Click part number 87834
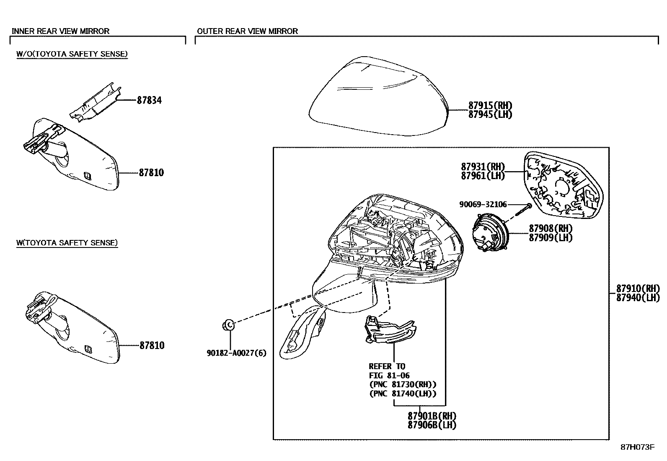[149, 100]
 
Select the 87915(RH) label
[490, 106]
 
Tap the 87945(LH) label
[490, 115]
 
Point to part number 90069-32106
[483, 205]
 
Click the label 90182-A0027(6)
[236, 353]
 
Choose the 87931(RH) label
[483, 167]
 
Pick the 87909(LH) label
[550, 238]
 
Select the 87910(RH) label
[638, 289]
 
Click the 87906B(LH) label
[432, 425]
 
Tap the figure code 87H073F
[637, 447]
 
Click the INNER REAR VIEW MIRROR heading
[60, 31]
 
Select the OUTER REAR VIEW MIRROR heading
[247, 31]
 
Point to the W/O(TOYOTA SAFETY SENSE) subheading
[72, 54]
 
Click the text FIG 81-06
[389, 375]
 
